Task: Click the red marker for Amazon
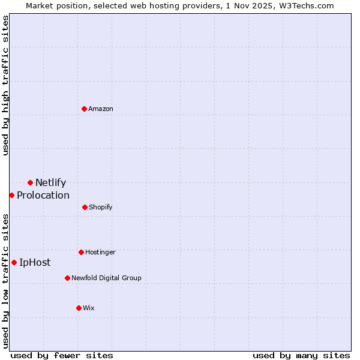[85, 109]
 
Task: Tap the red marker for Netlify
[30, 182]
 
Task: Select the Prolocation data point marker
[11, 195]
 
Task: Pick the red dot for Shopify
[85, 207]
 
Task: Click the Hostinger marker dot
[81, 252]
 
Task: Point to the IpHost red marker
[14, 262]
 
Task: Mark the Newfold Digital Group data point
[67, 278]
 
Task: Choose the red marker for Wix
[79, 308]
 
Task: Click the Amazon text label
[101, 109]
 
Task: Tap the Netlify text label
[50, 183]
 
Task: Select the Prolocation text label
[43, 195]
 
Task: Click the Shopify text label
[101, 207]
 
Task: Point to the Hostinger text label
[100, 252]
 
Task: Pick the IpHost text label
[35, 262]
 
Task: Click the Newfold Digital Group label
[106, 278]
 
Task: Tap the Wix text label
[89, 308]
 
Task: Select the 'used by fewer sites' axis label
[62, 355]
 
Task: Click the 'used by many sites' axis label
[301, 355]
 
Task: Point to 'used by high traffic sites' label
[5, 85]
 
